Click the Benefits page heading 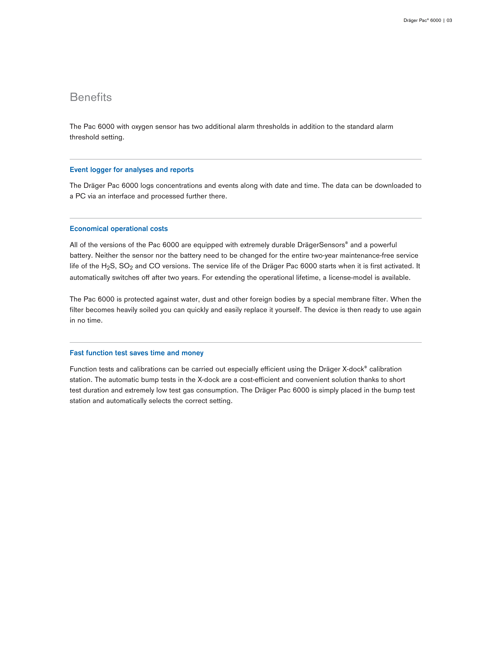[x=91, y=97]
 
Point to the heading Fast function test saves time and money [x=136, y=353]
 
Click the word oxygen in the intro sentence [x=142, y=127]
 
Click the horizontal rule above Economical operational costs [x=246, y=218]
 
